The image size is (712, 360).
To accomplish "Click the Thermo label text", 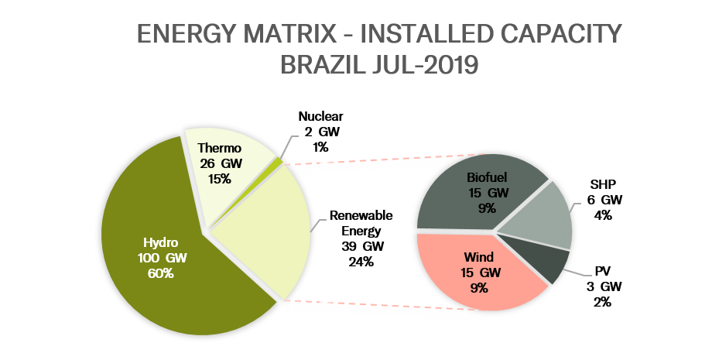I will tap(220, 148).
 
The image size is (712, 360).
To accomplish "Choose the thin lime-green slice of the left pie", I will tap(279, 161).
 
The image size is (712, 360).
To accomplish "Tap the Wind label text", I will tap(479, 258).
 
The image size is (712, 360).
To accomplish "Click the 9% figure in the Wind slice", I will tap(479, 287).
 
